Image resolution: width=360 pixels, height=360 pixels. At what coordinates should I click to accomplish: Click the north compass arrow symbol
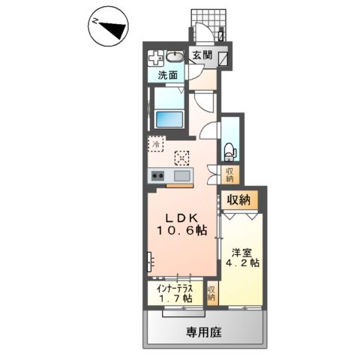tap(109, 28)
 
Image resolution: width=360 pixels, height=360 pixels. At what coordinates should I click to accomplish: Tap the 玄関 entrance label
tap(201, 55)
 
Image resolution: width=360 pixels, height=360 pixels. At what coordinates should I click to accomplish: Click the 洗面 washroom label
tap(167, 75)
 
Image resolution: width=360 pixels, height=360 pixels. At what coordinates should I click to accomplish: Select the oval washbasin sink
tap(175, 58)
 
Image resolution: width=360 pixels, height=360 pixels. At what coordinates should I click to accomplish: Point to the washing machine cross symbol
tap(156, 58)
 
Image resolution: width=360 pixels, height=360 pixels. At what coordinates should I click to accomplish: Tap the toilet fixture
tap(230, 150)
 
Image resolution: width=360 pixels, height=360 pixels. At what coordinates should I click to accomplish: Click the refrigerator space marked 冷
tap(156, 143)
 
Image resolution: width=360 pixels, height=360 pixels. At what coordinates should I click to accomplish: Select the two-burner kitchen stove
tap(158, 176)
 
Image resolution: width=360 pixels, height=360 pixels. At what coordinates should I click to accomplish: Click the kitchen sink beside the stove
tap(181, 176)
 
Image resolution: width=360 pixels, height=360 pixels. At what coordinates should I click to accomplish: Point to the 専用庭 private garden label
tap(204, 331)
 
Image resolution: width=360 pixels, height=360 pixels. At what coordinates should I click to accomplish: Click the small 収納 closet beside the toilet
tap(230, 174)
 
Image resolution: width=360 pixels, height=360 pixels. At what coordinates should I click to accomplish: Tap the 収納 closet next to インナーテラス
tap(211, 293)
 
